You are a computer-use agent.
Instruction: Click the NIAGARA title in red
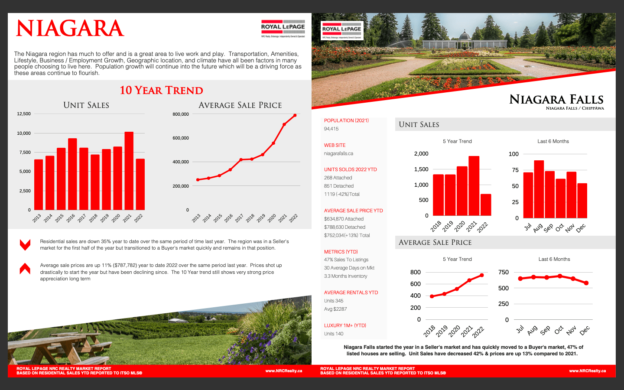pyautogui.click(x=70, y=29)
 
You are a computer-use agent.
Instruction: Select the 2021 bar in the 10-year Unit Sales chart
pyautogui.click(x=129, y=171)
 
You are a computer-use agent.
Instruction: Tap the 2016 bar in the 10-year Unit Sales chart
pyautogui.click(x=72, y=174)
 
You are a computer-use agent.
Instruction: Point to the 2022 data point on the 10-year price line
pyautogui.click(x=295, y=115)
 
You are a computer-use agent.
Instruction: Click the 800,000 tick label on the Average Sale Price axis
pyautogui.click(x=181, y=114)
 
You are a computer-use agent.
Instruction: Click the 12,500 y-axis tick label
pyautogui.click(x=24, y=114)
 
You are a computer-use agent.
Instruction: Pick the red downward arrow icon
pyautogui.click(x=25, y=245)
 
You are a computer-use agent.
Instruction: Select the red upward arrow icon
pyautogui.click(x=25, y=269)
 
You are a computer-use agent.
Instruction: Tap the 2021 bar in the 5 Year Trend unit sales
pyautogui.click(x=474, y=186)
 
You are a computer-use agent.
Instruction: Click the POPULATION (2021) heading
pyautogui.click(x=346, y=120)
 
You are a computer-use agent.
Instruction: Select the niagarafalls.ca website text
pyautogui.click(x=338, y=153)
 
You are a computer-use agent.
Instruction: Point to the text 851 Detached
pyautogui.click(x=339, y=186)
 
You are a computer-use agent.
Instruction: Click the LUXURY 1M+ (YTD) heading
pyautogui.click(x=345, y=325)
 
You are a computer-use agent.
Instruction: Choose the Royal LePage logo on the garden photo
pyautogui.click(x=341, y=30)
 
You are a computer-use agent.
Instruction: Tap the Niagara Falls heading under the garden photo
pyautogui.click(x=556, y=100)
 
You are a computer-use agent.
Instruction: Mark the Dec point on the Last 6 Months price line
pyautogui.click(x=586, y=283)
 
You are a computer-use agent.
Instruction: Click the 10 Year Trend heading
pyautogui.click(x=161, y=90)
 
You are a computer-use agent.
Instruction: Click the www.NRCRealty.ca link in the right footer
pyautogui.click(x=587, y=371)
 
